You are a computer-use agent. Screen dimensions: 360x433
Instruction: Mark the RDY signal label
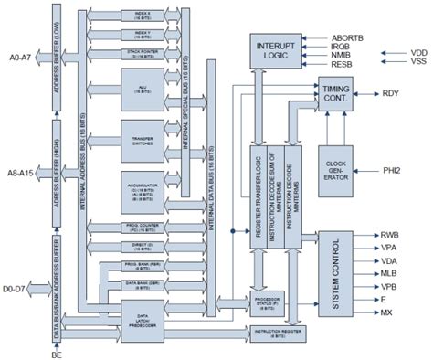(x=391, y=93)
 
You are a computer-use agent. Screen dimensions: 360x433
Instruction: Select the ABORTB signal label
(x=348, y=37)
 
